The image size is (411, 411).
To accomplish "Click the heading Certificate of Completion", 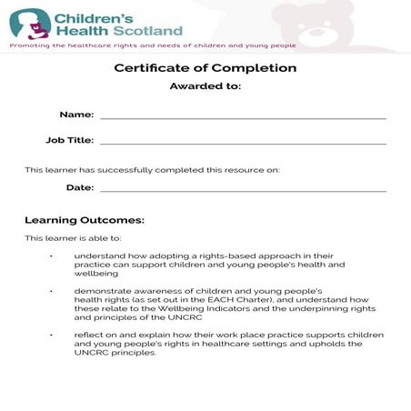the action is coord(205,67).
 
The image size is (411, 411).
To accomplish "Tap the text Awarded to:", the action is coord(205,86).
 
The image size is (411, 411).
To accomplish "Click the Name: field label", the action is coord(76,115).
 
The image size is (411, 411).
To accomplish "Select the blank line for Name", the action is coord(243,118).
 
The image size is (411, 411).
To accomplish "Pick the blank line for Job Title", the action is coord(243,144).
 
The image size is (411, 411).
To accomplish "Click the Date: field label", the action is coord(80,187).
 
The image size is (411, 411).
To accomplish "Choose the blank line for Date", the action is coord(243,191).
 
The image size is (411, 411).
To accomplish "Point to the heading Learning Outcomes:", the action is coord(85,220).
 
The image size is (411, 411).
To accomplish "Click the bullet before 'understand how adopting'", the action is coord(52,256).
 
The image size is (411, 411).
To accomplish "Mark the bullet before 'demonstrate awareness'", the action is coord(52,290).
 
